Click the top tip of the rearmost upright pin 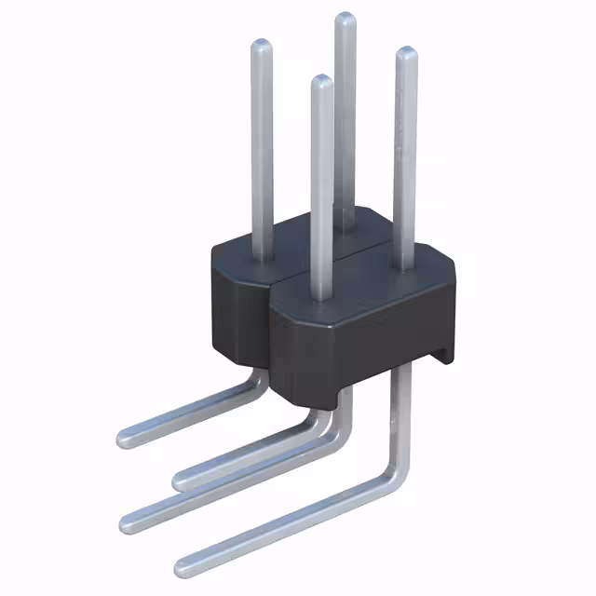(345, 18)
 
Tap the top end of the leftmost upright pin (263, 45)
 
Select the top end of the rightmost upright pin (406, 52)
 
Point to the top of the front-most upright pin (320, 81)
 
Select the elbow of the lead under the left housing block (251, 384)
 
